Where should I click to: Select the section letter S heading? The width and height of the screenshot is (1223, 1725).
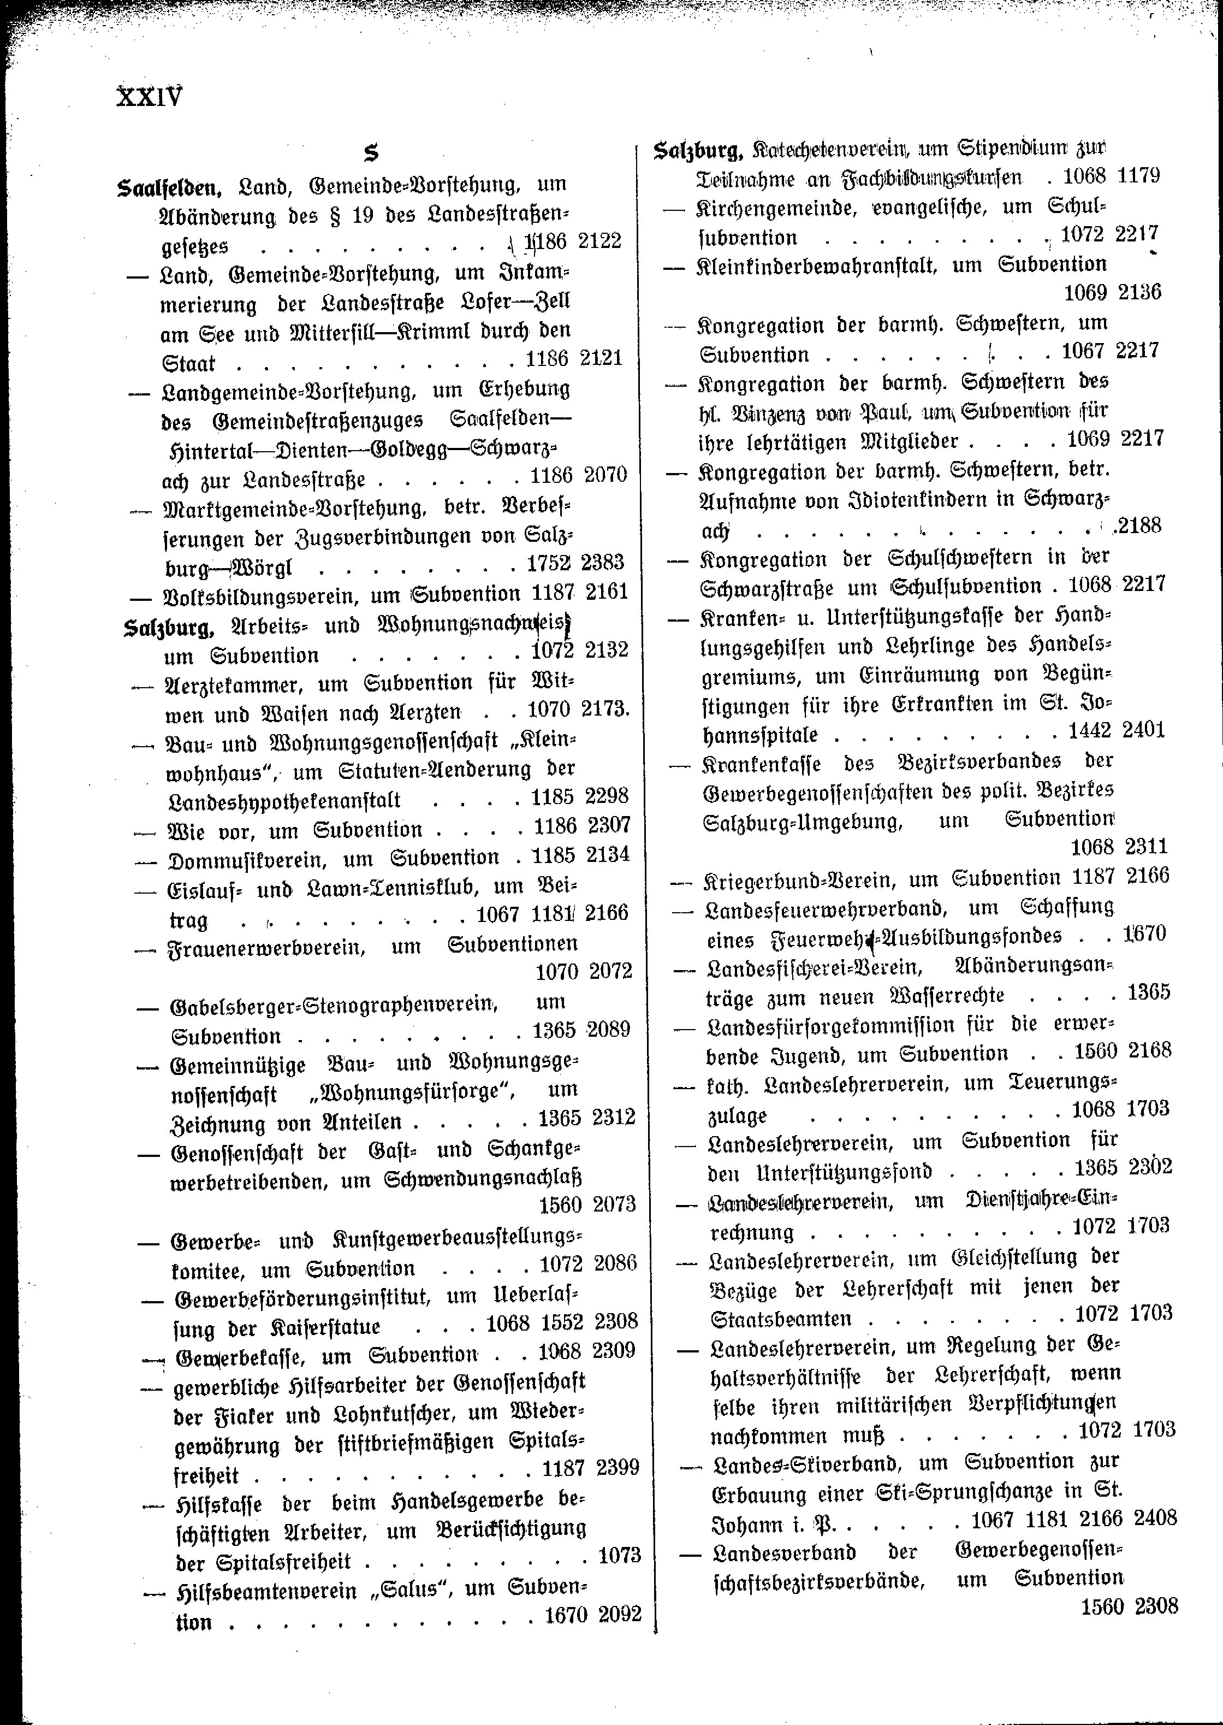click(x=371, y=153)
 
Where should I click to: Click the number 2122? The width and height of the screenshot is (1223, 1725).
click(x=599, y=241)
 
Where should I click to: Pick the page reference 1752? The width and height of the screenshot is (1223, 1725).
click(x=549, y=563)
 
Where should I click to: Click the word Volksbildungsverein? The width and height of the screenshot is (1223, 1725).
click(x=263, y=594)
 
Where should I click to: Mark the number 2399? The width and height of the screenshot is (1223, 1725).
click(x=617, y=1467)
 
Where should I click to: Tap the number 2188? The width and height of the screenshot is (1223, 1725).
click(x=1139, y=525)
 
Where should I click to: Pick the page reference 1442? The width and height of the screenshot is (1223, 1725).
click(x=1089, y=730)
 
